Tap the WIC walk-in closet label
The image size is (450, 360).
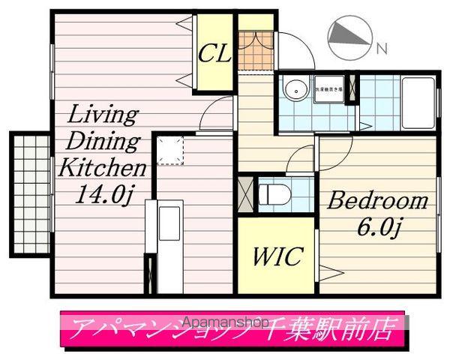(276, 256)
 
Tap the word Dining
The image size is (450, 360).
(104, 141)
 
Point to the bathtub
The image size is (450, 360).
(416, 101)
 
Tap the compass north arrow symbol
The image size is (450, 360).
(349, 35)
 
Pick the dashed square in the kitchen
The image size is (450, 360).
(170, 150)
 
